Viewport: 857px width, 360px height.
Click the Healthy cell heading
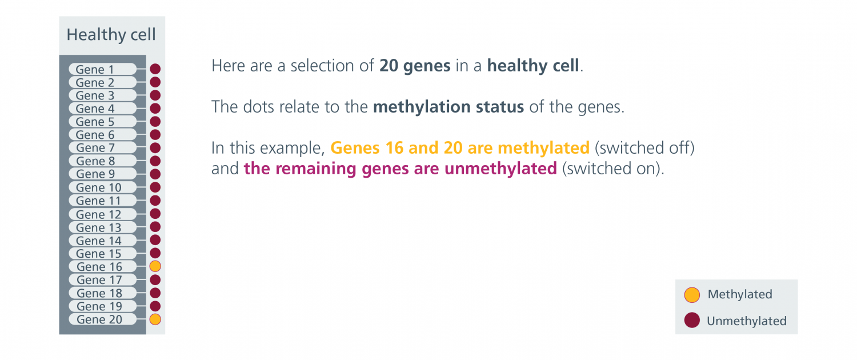tap(111, 34)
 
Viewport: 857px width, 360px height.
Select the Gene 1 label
tap(95, 69)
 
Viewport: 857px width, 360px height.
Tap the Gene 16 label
tap(99, 267)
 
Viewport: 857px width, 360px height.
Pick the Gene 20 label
tap(99, 319)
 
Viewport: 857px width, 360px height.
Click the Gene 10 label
tap(98, 187)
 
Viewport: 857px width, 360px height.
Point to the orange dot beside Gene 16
tap(155, 266)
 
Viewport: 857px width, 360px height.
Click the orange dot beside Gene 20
tap(155, 319)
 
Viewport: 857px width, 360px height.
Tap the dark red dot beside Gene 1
tap(155, 69)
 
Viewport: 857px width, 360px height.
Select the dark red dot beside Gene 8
tap(155, 161)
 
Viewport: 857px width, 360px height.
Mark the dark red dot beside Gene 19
tap(155, 306)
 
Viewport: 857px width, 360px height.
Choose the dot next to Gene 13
tap(155, 227)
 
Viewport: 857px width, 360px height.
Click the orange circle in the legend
tap(692, 295)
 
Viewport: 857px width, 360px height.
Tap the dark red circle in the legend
tap(692, 320)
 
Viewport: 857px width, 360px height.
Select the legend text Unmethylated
tap(746, 321)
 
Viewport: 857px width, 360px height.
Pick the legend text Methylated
tap(740, 294)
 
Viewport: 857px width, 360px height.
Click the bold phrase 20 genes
tap(415, 66)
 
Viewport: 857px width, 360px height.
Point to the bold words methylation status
tap(448, 107)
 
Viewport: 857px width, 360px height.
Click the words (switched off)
tap(644, 147)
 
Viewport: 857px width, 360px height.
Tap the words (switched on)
tap(613, 169)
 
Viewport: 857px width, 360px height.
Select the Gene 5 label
tap(95, 122)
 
